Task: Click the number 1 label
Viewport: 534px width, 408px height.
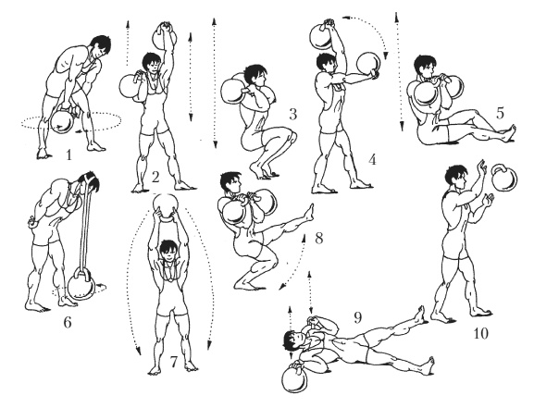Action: coord(69,155)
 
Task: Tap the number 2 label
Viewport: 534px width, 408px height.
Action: coord(155,177)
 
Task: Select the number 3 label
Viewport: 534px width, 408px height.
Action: coord(292,115)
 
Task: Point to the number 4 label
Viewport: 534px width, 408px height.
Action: coord(372,159)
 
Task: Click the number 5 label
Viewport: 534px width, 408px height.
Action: coord(500,114)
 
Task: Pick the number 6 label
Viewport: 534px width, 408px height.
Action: coord(68,322)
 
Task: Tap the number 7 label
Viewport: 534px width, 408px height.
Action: coord(174,362)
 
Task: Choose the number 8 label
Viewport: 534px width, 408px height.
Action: coord(318,238)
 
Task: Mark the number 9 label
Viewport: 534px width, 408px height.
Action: coord(357,317)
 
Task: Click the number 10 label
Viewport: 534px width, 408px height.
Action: coord(481,333)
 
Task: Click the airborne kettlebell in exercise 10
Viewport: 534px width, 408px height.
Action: coord(503,179)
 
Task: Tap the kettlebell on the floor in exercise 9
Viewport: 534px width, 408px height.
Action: coord(295,378)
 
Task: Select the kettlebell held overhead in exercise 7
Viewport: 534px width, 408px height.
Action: coord(166,207)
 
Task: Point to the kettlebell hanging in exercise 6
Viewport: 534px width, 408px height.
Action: coord(81,285)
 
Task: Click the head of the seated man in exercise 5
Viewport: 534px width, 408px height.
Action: coord(425,66)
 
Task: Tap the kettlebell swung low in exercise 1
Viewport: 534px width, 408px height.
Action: coord(62,121)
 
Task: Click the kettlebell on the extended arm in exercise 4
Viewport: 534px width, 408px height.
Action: coord(368,65)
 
